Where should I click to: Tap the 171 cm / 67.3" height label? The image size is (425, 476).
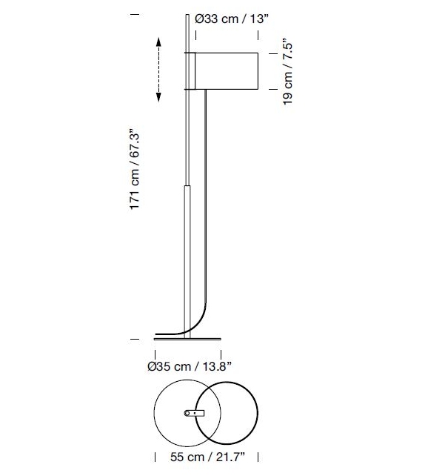135,171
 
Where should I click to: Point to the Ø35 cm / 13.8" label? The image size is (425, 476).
190,366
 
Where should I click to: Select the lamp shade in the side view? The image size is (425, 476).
223,71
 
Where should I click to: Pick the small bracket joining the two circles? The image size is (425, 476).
194,413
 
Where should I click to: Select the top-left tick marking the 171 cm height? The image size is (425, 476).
134,13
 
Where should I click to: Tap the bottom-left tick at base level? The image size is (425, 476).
134,339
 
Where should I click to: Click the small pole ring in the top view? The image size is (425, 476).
186,413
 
